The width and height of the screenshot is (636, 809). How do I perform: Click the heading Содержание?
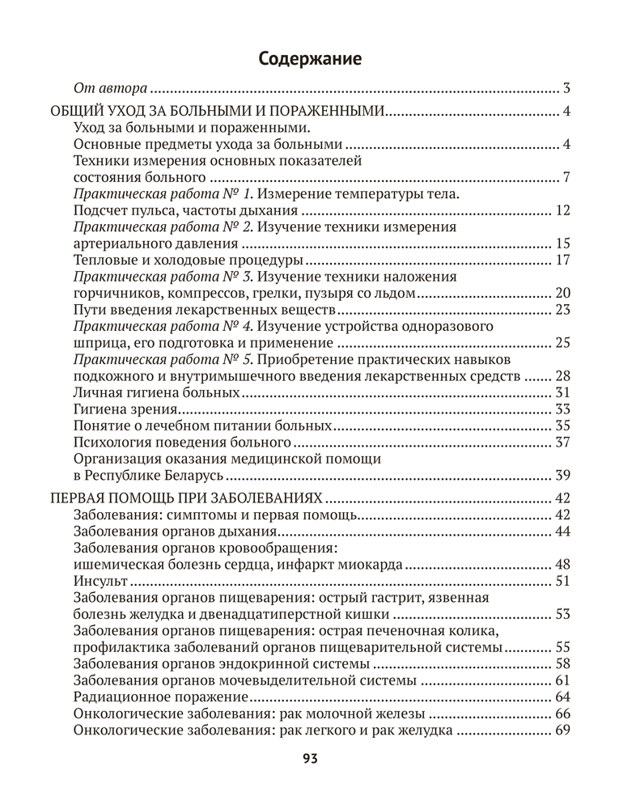click(x=310, y=58)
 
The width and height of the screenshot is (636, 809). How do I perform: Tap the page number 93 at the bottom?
click(x=310, y=758)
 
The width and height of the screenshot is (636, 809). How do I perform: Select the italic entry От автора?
click(x=110, y=88)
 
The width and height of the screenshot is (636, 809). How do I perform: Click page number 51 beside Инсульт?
click(x=563, y=580)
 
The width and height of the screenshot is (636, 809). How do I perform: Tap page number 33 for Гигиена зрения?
click(x=563, y=409)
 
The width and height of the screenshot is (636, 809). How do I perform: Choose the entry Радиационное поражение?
click(x=159, y=697)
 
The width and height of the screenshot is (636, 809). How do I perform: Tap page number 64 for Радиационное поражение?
click(x=563, y=697)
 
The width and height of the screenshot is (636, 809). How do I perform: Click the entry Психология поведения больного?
click(x=182, y=442)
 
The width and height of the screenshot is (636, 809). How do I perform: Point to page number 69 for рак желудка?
click(x=563, y=730)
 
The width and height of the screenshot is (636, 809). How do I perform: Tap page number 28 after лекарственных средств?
click(x=563, y=375)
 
